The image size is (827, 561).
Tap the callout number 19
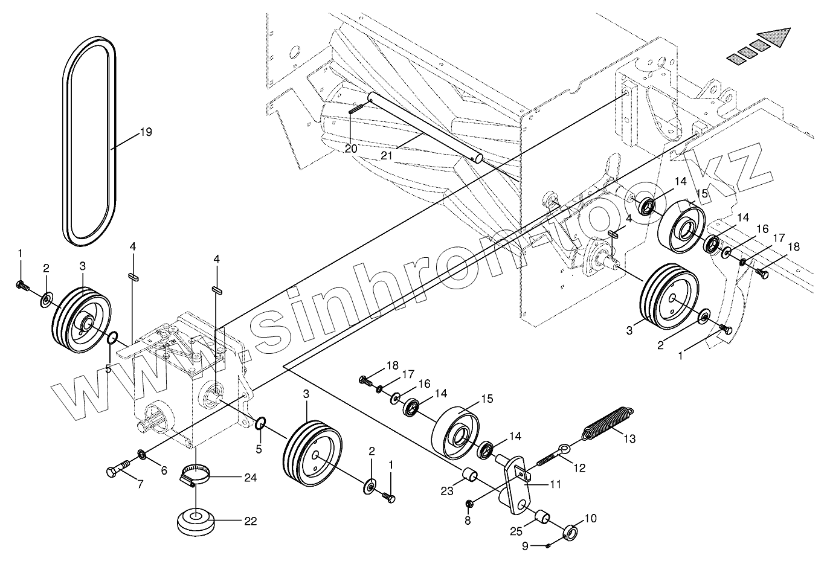146,132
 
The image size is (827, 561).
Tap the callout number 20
351,148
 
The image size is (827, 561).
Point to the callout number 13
629,439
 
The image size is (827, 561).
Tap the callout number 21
387,155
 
